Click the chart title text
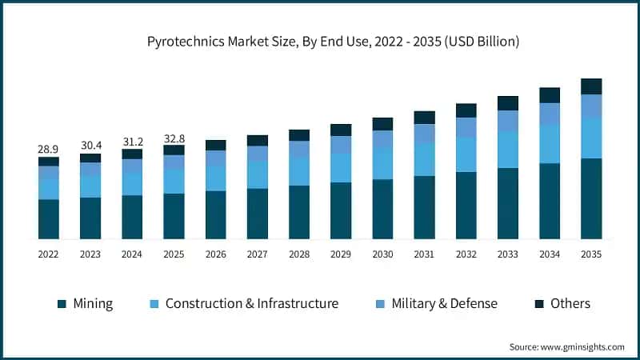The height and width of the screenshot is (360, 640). (x=320, y=42)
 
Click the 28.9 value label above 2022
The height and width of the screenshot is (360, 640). (x=49, y=150)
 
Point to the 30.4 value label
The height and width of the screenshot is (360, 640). (x=90, y=146)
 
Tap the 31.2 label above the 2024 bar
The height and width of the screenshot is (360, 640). (x=132, y=142)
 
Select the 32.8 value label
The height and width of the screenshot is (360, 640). (x=174, y=138)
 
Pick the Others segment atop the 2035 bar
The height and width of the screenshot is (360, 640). (x=591, y=86)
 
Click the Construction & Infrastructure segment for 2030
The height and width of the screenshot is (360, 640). (x=383, y=163)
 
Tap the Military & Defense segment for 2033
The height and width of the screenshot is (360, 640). (x=508, y=121)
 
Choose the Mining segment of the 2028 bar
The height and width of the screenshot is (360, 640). (x=299, y=212)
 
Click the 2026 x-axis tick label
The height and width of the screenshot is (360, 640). (x=216, y=254)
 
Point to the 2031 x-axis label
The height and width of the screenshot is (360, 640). (x=424, y=254)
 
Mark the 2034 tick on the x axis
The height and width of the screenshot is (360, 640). (x=550, y=254)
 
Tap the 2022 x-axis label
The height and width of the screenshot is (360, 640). (x=49, y=254)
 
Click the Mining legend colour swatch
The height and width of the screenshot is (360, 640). (x=62, y=304)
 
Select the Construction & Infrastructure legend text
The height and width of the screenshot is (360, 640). (x=251, y=304)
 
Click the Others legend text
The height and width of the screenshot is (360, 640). (x=570, y=304)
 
